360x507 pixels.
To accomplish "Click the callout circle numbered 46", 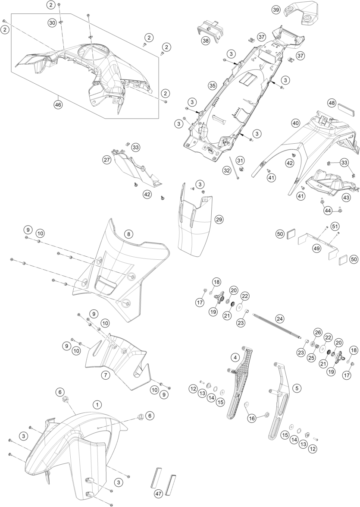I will (57, 104).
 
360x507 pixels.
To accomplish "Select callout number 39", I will (276, 9).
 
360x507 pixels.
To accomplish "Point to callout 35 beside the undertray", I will (212, 85).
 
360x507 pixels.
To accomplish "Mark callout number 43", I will (346, 197).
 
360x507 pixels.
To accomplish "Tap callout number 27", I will (107, 160).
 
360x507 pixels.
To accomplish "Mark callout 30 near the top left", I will (52, 23).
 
